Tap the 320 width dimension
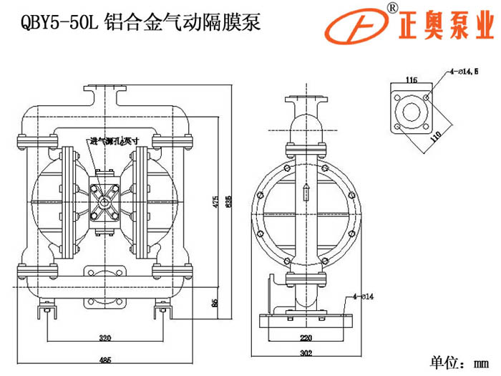pos(105,337)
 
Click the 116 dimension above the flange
pos(411,79)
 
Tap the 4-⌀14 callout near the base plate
pos(364,294)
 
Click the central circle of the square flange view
pos(411,111)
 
